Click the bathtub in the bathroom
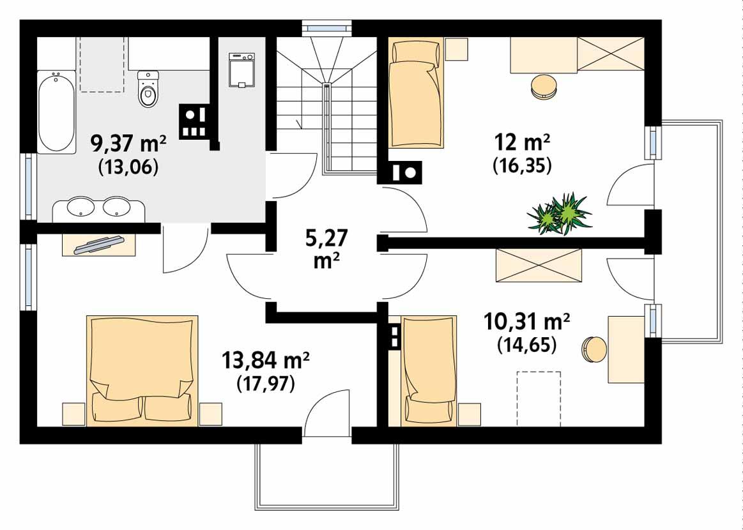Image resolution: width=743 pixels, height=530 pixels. [56, 112]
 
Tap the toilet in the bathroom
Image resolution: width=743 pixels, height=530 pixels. [148, 89]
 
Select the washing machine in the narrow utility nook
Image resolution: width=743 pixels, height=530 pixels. [241, 70]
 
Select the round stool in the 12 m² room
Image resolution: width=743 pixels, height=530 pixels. [543, 86]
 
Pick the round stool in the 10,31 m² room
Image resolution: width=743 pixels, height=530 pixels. [594, 349]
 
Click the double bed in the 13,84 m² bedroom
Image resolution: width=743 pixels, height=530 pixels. [142, 369]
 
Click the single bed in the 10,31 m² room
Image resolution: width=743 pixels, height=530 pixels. [428, 370]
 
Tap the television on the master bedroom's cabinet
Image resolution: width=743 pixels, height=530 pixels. [99, 245]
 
